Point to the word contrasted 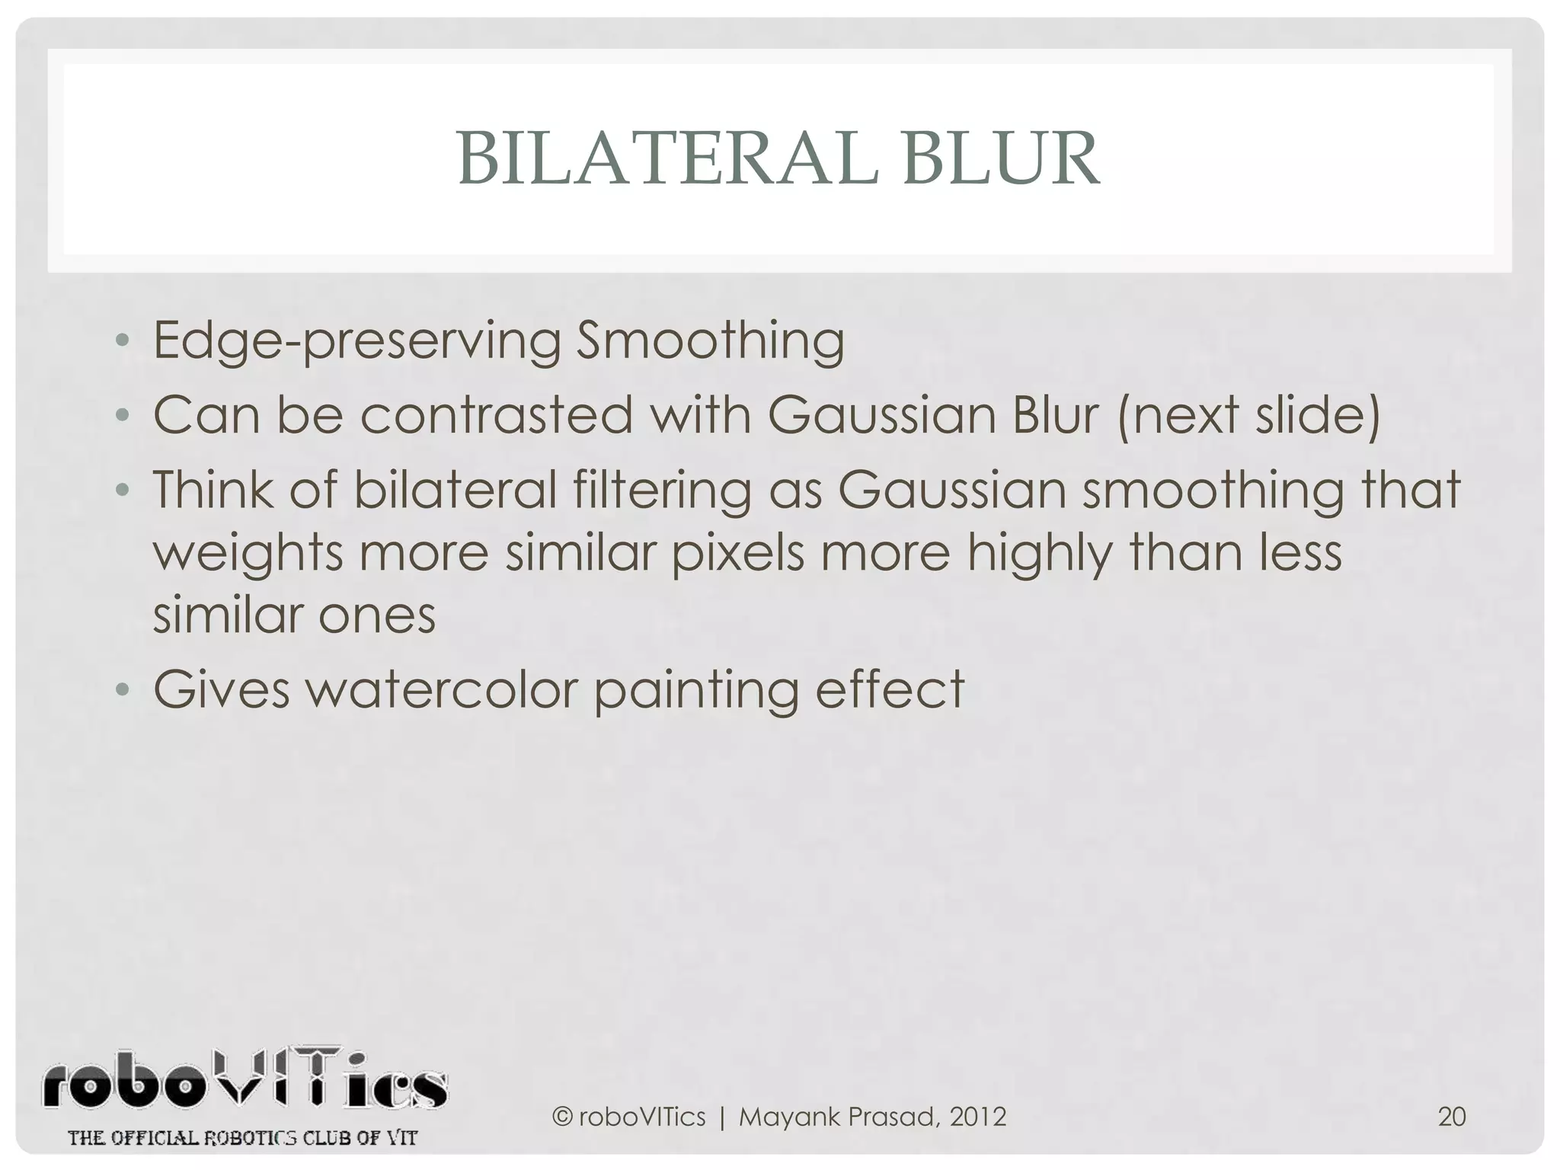click(496, 415)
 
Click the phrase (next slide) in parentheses click(1249, 415)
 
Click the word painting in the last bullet click(695, 689)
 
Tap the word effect click(890, 689)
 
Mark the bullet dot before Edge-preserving click(122, 342)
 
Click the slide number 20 click(1451, 1117)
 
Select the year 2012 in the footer click(978, 1117)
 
